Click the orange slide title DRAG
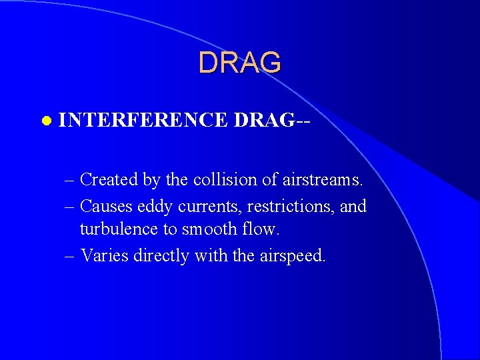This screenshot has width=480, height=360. (240, 63)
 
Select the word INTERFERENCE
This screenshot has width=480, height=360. (144, 120)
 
